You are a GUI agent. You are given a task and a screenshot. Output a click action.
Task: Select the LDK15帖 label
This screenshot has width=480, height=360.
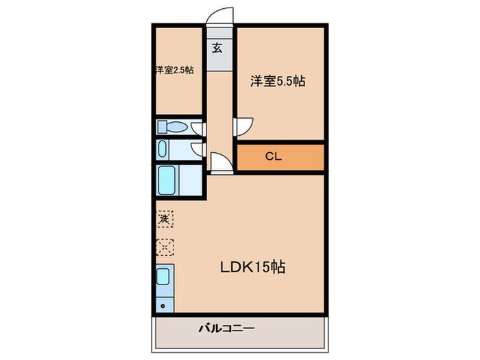click(x=252, y=266)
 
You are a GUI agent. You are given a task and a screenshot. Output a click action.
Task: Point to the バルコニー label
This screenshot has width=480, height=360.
click(x=227, y=329)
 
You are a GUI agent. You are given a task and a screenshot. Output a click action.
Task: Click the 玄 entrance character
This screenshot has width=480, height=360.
click(x=217, y=48)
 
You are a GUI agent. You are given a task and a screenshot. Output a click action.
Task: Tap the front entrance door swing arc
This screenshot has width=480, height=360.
click(x=221, y=16)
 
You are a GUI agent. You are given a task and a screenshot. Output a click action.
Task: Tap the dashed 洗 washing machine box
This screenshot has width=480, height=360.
click(x=165, y=219)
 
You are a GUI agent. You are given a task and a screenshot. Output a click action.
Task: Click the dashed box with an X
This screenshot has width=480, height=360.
click(x=165, y=246)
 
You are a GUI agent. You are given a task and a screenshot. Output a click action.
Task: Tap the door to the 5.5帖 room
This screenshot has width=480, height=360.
click(x=244, y=126)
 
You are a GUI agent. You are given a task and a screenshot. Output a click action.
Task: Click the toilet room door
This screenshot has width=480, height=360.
click(x=197, y=128)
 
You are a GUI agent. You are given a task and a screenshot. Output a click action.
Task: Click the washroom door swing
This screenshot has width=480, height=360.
click(x=197, y=149)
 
